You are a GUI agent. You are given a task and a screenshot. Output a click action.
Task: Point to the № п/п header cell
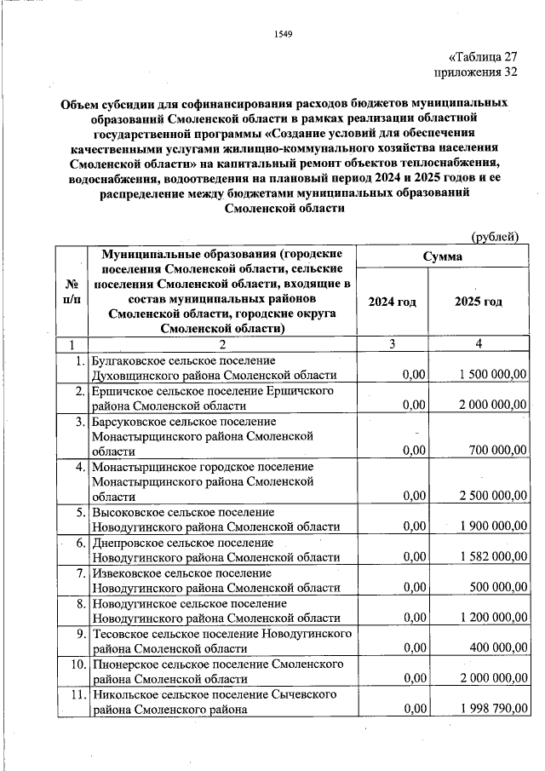point(72,291)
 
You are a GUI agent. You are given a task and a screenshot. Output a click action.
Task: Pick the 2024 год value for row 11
point(414,709)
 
